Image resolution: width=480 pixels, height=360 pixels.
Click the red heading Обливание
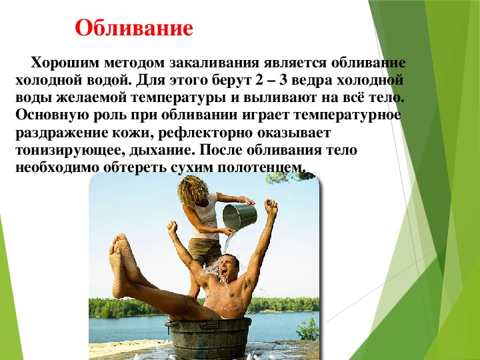[x=134, y=28]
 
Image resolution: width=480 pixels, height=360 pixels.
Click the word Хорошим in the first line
[x=65, y=63]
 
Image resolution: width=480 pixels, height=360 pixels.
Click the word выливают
[x=281, y=98]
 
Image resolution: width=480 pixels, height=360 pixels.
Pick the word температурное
[x=347, y=115]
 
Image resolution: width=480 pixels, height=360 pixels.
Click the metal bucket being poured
[x=240, y=217]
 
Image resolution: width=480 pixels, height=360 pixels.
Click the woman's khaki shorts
[x=204, y=250]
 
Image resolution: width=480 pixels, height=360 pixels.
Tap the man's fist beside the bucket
[x=271, y=206]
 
